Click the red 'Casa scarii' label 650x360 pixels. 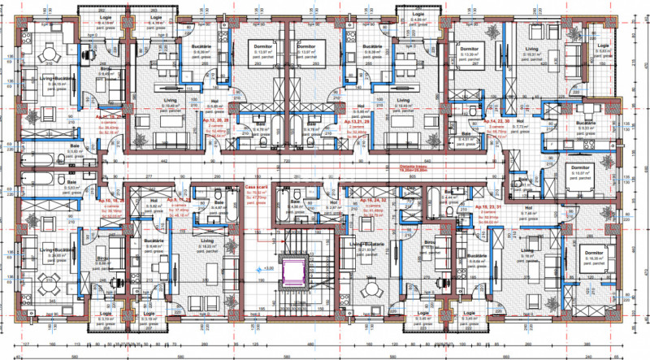[258, 186]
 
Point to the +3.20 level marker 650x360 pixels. [271, 266]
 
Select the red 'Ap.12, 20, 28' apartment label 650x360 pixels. [214, 119]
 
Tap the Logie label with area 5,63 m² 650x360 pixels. [602, 46]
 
